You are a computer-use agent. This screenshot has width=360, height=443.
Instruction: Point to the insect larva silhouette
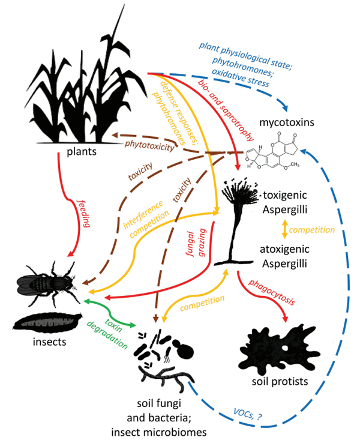[50, 322]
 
